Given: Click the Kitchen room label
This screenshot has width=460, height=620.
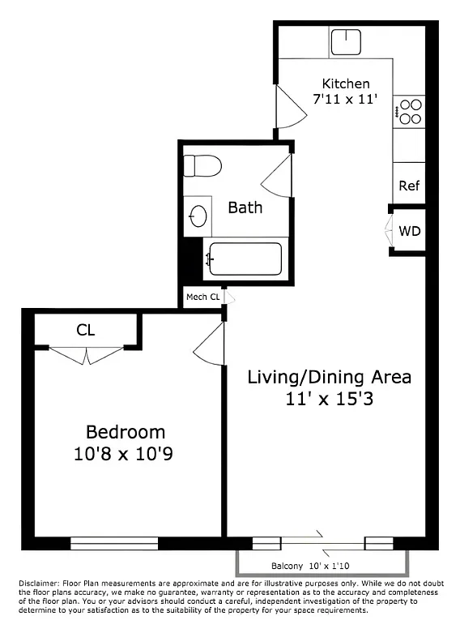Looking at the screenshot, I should (x=346, y=83).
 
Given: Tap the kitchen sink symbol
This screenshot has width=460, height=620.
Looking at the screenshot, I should (x=351, y=41).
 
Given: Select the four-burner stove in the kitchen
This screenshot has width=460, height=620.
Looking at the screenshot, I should (x=409, y=111).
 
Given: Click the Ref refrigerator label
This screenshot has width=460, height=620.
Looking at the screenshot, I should (x=409, y=186).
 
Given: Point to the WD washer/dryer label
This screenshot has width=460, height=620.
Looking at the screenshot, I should (x=410, y=231).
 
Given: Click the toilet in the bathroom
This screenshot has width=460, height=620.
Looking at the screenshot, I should (x=202, y=166).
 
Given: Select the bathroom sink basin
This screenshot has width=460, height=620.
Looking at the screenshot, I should (x=197, y=216).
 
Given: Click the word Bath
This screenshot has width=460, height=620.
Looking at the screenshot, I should (x=245, y=207).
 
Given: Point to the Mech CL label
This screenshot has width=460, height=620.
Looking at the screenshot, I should (x=202, y=297).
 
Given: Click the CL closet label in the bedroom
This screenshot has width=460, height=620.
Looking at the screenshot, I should (x=86, y=330).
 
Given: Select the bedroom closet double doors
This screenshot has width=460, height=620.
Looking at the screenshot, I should (x=86, y=353).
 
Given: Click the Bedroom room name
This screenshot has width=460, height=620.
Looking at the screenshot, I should (x=126, y=432).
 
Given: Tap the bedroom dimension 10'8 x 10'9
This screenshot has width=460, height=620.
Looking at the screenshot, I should (x=126, y=454).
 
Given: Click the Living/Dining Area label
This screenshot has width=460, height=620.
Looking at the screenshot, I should (x=329, y=377).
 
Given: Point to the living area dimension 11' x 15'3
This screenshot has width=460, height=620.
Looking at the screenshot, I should (x=329, y=399).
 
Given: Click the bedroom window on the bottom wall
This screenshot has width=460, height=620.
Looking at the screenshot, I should (x=114, y=542).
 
